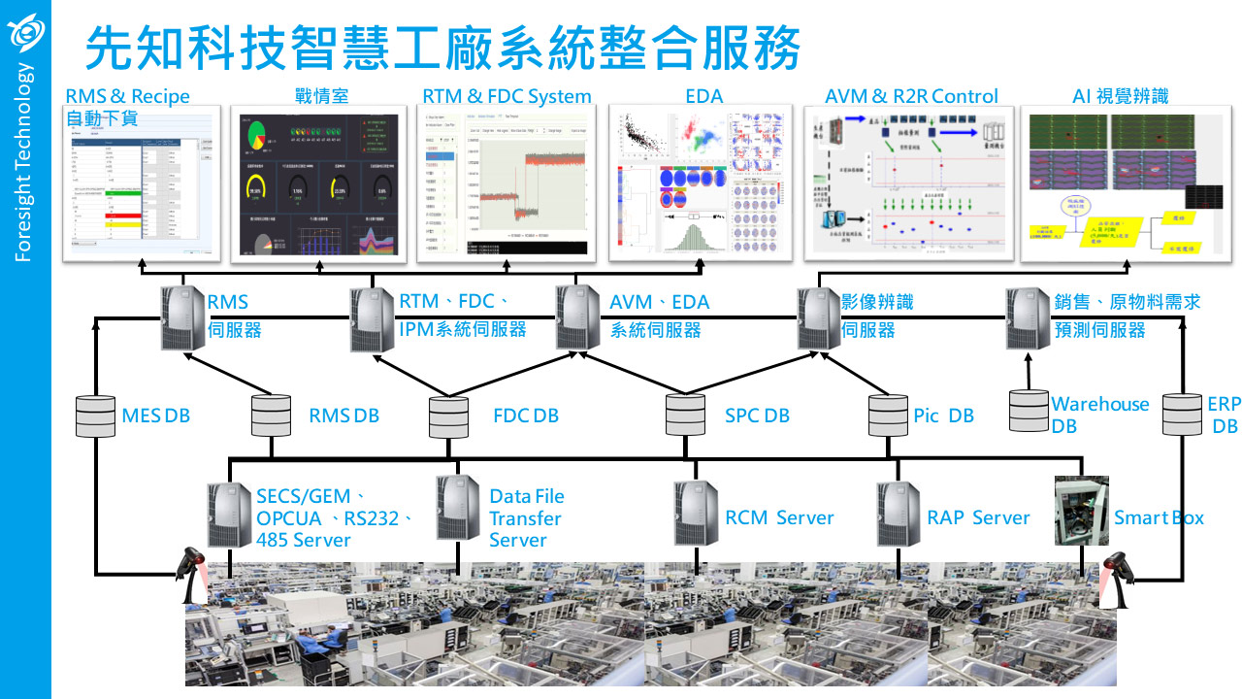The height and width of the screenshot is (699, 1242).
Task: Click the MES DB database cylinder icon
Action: [x=95, y=416]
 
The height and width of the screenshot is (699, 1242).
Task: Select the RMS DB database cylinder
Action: [x=271, y=416]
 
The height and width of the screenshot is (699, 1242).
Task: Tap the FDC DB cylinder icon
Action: [x=448, y=416]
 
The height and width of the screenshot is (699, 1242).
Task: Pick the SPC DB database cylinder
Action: [x=685, y=415]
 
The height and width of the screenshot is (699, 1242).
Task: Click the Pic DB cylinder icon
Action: [x=888, y=416]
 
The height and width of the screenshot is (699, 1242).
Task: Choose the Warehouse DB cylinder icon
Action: [x=1028, y=411]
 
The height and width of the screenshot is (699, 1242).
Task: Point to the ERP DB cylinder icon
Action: [x=1182, y=415]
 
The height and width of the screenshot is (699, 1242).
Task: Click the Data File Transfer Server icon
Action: [x=458, y=508]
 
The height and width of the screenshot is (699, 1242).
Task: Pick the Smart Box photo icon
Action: [x=1082, y=510]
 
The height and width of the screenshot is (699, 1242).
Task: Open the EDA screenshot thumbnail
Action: [x=703, y=183]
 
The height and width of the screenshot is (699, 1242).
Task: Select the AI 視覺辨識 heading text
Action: [x=1120, y=96]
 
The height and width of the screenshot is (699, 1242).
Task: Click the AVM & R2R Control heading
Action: [x=911, y=96]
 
